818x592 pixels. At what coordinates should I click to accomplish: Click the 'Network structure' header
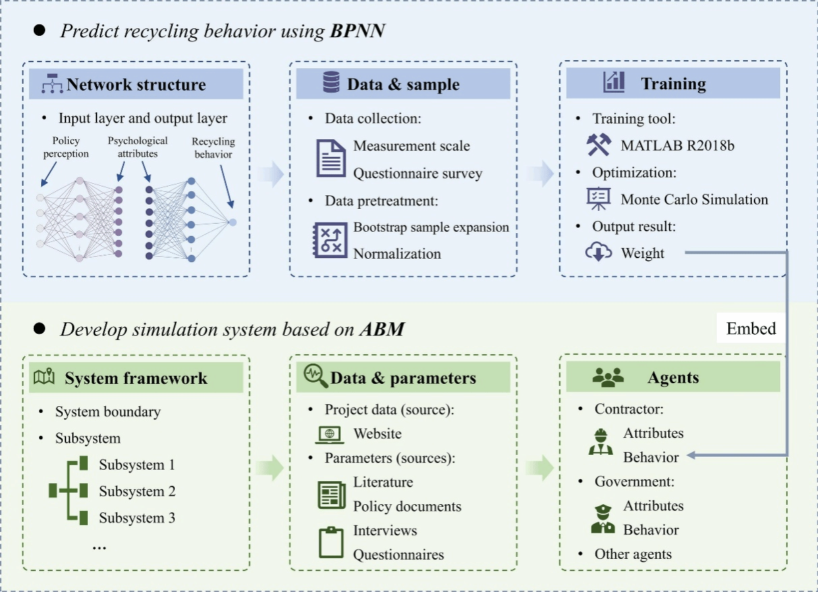[136, 85]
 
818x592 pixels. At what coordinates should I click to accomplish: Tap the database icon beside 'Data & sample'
[331, 83]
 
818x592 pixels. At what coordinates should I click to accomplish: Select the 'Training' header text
[673, 84]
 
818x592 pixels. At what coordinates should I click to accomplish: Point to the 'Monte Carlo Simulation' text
[694, 199]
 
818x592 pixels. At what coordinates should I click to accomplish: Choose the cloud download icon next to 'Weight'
[598, 253]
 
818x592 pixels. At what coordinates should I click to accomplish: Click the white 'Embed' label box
[751, 329]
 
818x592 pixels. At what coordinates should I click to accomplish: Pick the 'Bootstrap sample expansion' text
[431, 227]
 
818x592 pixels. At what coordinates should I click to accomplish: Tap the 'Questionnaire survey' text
[418, 174]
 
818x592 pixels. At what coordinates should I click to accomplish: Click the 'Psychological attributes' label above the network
[138, 147]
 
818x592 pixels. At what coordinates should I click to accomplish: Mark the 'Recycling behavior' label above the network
[213, 148]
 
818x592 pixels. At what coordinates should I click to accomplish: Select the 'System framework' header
[136, 378]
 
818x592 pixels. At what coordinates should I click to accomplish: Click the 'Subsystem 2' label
[137, 491]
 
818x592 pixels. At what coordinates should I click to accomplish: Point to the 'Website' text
[377, 434]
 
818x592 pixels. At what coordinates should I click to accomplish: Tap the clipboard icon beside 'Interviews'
[331, 542]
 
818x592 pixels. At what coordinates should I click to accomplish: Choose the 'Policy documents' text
[407, 506]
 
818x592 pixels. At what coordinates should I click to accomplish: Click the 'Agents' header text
[673, 378]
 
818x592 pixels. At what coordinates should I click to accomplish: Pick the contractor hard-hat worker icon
[599, 441]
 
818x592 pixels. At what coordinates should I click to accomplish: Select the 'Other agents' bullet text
[633, 554]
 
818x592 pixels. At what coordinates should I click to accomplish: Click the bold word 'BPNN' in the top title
[358, 31]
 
